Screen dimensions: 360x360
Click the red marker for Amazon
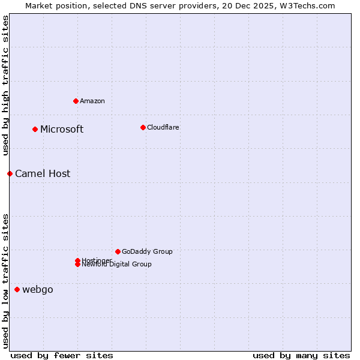coord(76,101)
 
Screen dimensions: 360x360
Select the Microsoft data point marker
coord(35,129)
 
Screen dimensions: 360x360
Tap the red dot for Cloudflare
coord(143,127)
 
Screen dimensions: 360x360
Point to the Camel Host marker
coord(10,173)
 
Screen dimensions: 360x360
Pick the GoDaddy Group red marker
coord(118,251)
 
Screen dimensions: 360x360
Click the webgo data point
coord(17,289)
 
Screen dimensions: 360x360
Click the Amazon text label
coord(92,101)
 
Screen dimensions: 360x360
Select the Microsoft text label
coord(62,129)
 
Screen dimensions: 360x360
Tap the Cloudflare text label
coord(163,127)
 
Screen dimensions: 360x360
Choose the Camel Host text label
coord(43,173)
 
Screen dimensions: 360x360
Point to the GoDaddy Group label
coord(147,251)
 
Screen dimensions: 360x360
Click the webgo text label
coord(38,289)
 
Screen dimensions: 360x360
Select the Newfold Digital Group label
coord(117,265)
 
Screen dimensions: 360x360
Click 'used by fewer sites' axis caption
coord(62,355)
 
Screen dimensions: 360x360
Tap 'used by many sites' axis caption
coord(301,355)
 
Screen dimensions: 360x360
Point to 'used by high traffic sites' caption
coord(5,86)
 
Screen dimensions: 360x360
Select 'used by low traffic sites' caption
coord(5,281)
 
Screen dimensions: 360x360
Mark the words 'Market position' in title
coord(52,5)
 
